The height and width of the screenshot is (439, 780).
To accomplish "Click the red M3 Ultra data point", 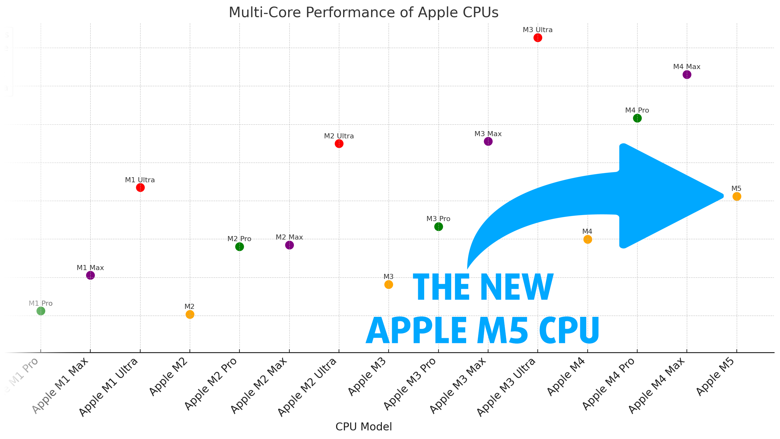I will point(538,38).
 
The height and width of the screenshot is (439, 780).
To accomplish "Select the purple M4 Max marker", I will point(687,75).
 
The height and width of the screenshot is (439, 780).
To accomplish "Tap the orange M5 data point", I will point(737,197).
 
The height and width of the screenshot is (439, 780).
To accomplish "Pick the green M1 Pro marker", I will point(41,311).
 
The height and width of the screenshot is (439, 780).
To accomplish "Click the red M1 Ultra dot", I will point(140,188).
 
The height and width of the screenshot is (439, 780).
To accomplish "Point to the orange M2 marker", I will point(190,314).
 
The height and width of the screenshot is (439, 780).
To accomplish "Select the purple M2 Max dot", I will point(289,245).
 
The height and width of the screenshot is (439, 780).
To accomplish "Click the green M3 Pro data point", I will point(438,226).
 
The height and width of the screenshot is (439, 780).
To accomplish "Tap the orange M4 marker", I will point(588,239).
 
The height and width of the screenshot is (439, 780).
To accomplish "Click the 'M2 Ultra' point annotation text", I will point(339,136).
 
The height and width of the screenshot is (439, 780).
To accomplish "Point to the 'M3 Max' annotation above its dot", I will point(488,134).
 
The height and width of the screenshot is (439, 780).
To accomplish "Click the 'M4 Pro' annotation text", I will point(637,110).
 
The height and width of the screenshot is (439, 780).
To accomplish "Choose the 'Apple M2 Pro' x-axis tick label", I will point(211,384).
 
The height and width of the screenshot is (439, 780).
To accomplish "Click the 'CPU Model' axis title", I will point(363,427).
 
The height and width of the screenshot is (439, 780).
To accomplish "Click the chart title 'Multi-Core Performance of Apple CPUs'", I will point(363,13).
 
